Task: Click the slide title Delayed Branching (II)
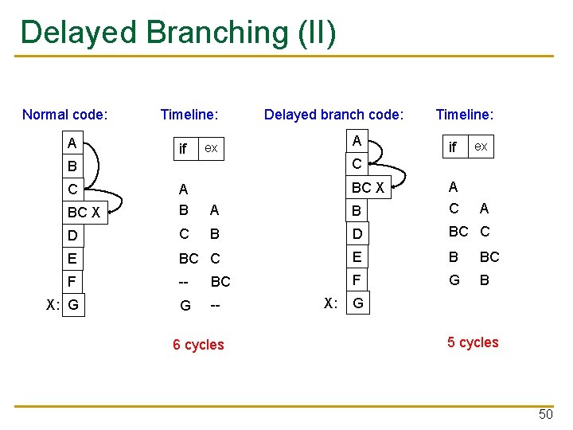(x=179, y=32)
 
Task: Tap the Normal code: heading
(x=65, y=115)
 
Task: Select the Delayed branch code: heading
(x=333, y=115)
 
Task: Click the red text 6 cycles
(x=198, y=345)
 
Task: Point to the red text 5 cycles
(x=473, y=342)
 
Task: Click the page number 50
(x=545, y=414)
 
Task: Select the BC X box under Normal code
(x=84, y=213)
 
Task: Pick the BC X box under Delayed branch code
(x=368, y=188)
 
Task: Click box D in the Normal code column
(x=73, y=236)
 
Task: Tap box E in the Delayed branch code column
(x=357, y=256)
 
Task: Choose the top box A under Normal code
(x=72, y=144)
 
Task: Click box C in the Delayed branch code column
(x=357, y=164)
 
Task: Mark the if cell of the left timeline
(x=184, y=149)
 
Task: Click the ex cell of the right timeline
(x=481, y=147)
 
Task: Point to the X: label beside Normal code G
(x=53, y=304)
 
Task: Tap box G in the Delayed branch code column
(x=358, y=303)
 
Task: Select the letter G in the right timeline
(x=454, y=279)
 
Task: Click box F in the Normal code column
(x=72, y=281)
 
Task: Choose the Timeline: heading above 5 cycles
(x=465, y=115)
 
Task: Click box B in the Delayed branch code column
(x=357, y=211)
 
